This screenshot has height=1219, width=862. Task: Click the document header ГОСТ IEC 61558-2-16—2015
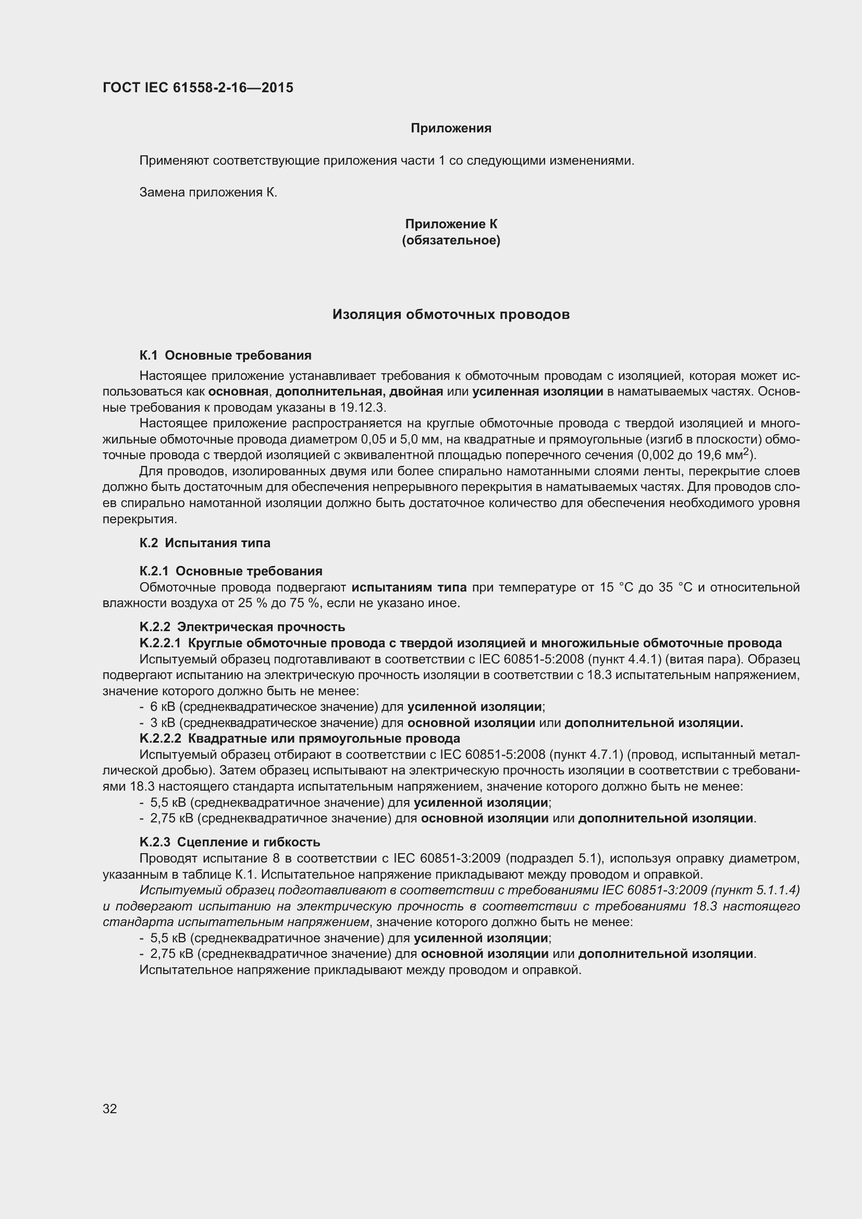click(x=198, y=88)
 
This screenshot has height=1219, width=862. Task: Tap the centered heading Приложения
click(x=451, y=129)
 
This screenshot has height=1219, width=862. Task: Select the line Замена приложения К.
click(x=208, y=193)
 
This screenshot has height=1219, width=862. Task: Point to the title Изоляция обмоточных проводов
click(x=451, y=315)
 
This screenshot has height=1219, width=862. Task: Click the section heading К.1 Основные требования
click(x=225, y=355)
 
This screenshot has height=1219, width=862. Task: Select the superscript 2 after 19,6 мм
click(x=745, y=451)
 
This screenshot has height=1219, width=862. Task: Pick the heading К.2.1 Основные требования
click(x=230, y=571)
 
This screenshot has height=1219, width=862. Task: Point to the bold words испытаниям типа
click(x=409, y=587)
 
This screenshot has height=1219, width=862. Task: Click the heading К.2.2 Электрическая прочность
click(x=242, y=627)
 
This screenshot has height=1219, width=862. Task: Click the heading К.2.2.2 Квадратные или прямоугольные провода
click(x=299, y=738)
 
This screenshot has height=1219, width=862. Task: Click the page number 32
click(x=110, y=1109)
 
